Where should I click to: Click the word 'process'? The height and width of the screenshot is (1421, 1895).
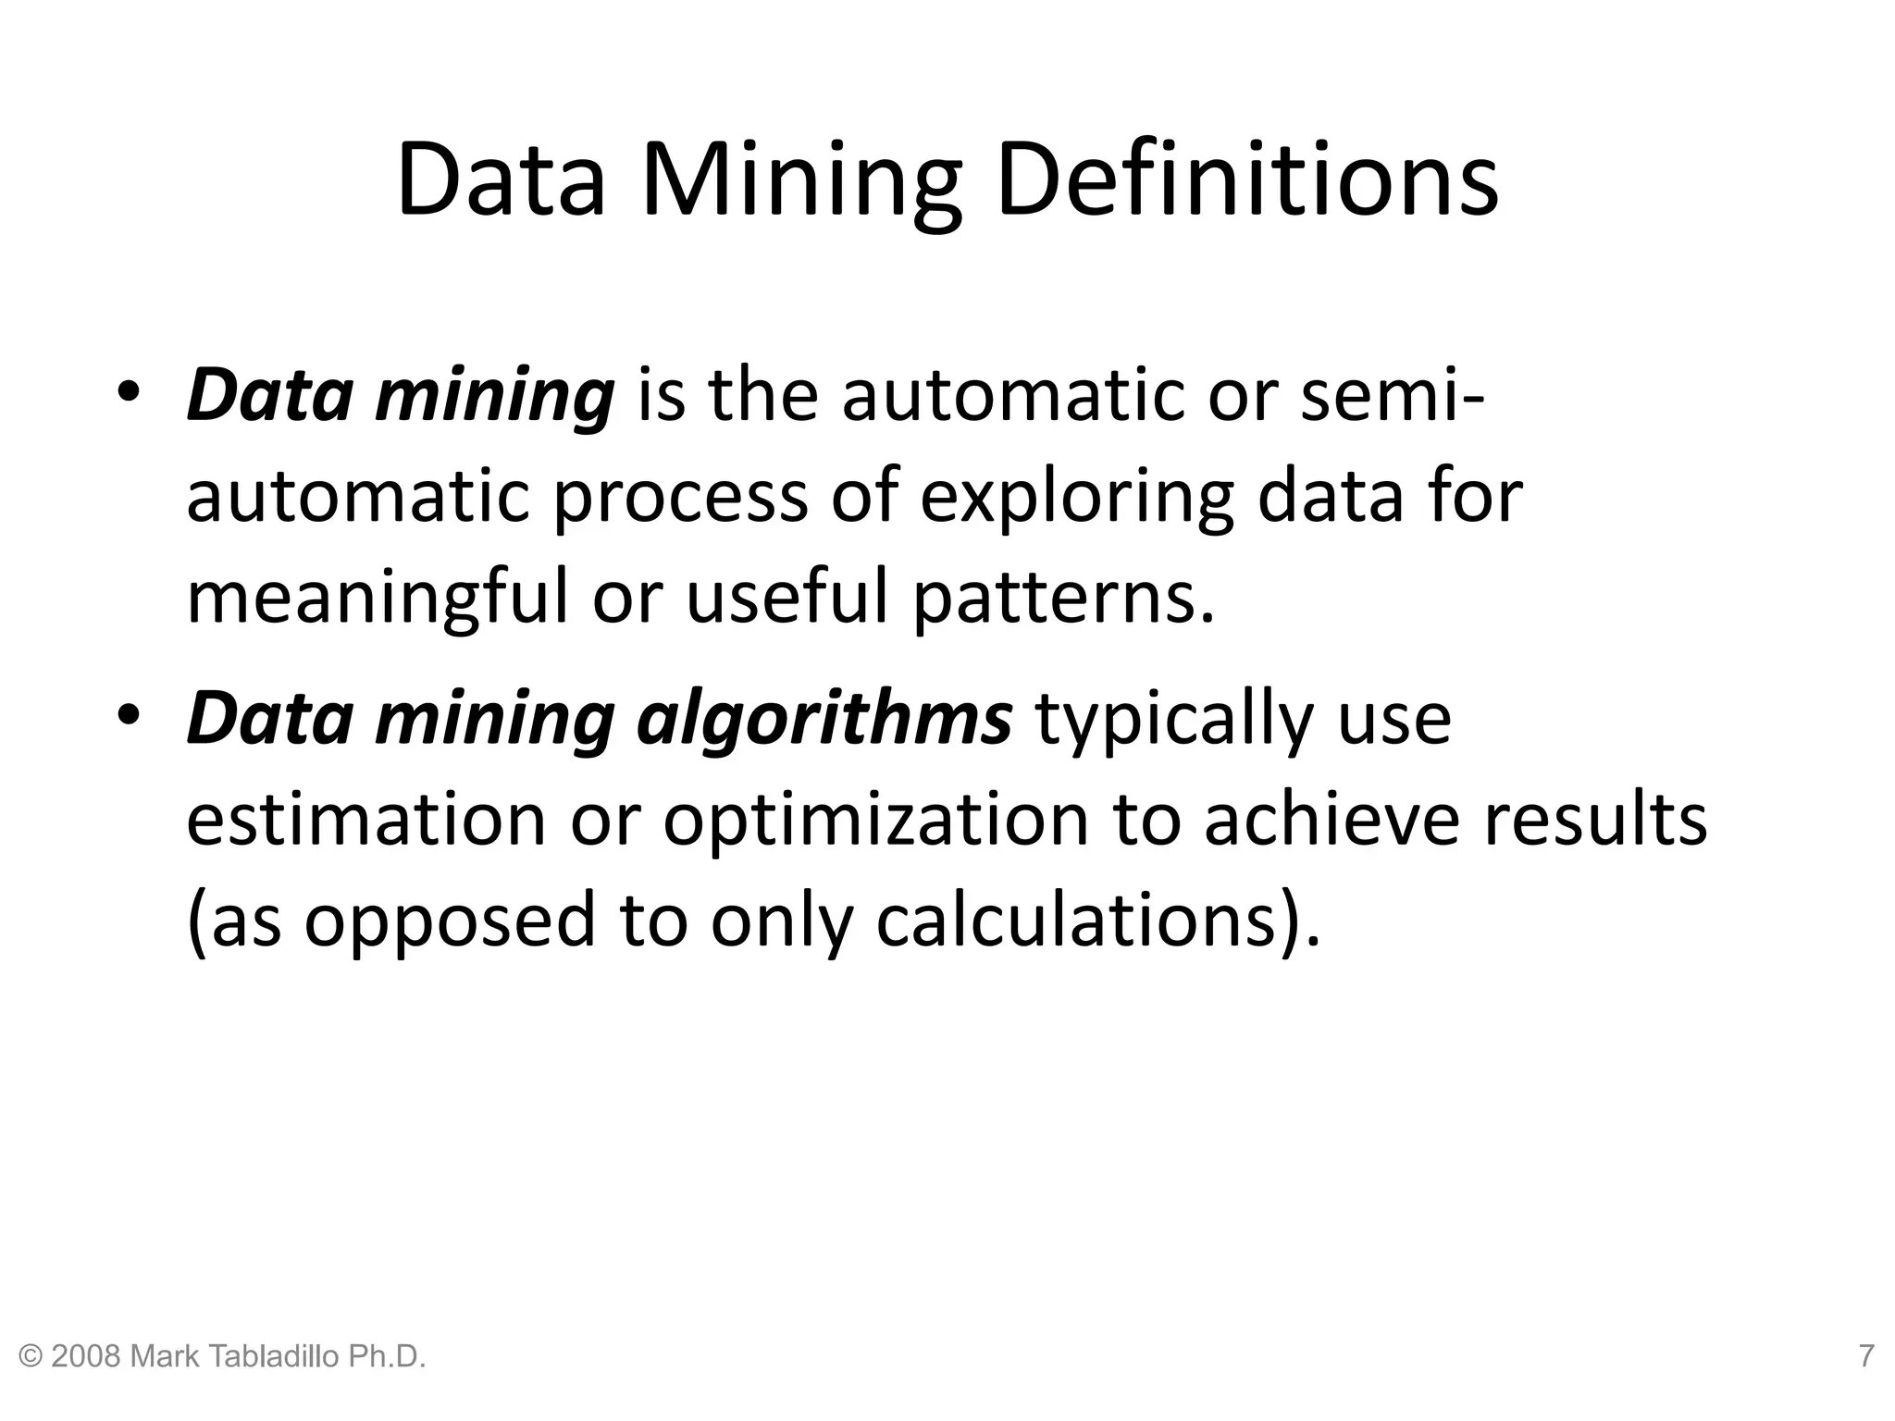(x=680, y=497)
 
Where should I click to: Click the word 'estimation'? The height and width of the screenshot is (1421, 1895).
(x=366, y=820)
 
